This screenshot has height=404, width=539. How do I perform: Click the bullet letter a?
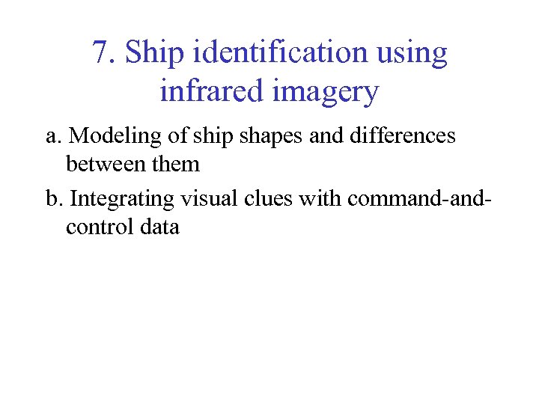click(52, 136)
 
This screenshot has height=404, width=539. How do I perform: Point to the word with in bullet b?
click(321, 199)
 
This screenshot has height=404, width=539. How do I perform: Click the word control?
click(100, 227)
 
